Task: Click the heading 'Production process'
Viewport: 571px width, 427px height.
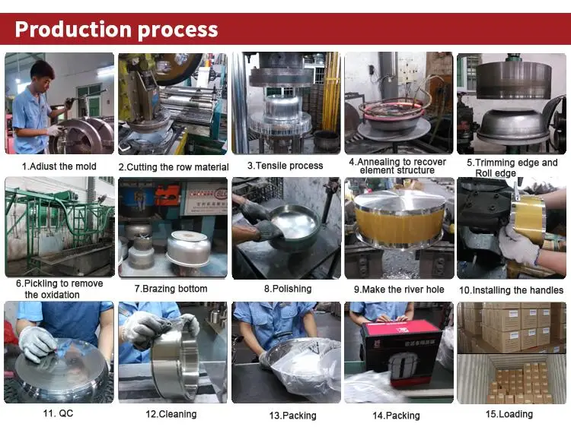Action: pos(116,30)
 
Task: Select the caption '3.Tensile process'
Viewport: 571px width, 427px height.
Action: pos(285,166)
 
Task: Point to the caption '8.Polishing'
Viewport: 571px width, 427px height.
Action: pos(287,289)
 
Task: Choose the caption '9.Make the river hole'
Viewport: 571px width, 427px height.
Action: pos(399,289)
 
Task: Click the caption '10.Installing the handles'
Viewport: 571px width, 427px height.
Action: pos(511,290)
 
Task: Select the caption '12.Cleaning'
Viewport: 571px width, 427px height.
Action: pos(171,414)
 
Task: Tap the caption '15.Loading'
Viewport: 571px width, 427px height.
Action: pos(511,414)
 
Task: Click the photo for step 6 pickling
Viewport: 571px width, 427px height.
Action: pos(59,227)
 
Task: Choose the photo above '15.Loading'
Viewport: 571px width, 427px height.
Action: pos(511,353)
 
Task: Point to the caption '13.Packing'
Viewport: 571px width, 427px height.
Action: pos(287,416)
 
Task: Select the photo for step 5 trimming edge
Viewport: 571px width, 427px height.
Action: pos(511,103)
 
